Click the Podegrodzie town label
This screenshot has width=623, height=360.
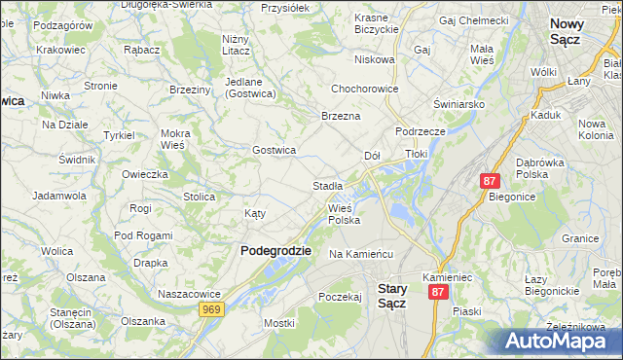(x=275, y=250)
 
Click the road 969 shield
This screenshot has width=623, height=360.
(x=211, y=308)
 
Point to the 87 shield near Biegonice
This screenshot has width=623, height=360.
(x=490, y=181)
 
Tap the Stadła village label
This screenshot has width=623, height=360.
(x=327, y=185)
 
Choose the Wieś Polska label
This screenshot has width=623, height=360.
(x=345, y=214)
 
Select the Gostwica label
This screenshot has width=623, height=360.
(x=274, y=150)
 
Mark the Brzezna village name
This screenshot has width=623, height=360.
(x=341, y=116)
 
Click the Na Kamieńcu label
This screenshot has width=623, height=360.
(x=360, y=254)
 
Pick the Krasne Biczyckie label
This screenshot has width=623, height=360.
(x=378, y=24)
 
